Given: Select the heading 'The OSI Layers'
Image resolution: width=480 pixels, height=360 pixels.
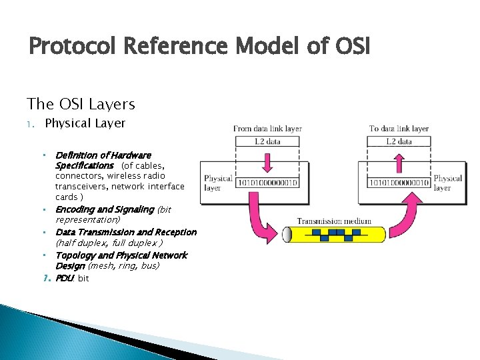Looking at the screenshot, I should tap(81, 104).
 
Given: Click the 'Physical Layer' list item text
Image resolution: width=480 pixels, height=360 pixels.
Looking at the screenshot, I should tap(85, 123).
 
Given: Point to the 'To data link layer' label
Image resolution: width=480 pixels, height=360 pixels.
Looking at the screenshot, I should tap(399, 128).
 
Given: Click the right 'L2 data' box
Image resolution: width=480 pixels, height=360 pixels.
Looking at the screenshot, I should tap(399, 141).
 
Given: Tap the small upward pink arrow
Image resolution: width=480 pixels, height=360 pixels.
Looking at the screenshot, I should tap(399, 161).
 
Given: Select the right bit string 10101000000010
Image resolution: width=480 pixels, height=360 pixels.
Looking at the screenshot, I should tap(399, 182).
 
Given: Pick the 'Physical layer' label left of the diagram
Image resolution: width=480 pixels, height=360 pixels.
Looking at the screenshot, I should tap(217, 183).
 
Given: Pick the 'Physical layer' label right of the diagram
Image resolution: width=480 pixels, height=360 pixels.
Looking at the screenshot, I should tap(447, 183).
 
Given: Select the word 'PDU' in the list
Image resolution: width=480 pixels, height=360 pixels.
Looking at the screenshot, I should tap(65, 278).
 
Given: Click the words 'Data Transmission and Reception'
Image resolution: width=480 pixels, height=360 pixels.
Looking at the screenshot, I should tap(126, 232).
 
